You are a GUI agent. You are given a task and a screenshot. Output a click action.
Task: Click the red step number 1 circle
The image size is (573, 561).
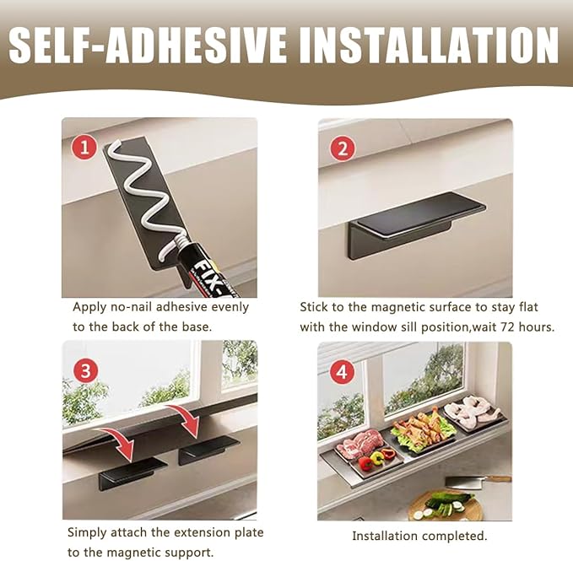click(x=84, y=148)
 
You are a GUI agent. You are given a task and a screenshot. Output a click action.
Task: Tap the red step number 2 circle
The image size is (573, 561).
click(x=343, y=148)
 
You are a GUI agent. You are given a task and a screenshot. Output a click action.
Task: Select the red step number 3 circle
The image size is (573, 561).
click(x=85, y=371)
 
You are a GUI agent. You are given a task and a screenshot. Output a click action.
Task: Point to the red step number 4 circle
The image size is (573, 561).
click(x=342, y=373)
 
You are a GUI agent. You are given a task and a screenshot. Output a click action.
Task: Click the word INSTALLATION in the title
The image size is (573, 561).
click(x=429, y=46)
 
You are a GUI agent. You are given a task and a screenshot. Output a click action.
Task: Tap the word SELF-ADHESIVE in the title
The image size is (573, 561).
click(x=148, y=46)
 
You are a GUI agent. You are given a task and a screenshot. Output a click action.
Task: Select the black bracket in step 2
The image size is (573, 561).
click(x=417, y=224)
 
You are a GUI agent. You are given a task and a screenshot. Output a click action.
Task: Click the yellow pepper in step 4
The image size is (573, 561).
click(x=378, y=457)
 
